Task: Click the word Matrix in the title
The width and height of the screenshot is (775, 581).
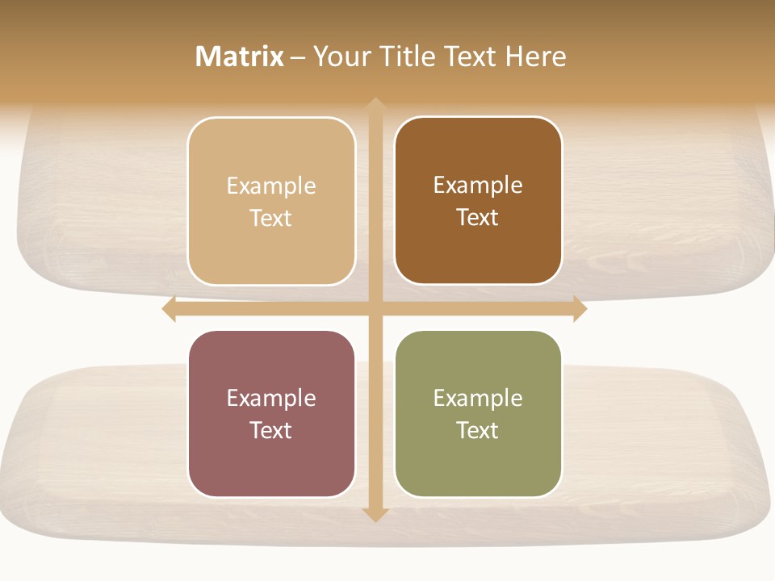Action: (x=239, y=56)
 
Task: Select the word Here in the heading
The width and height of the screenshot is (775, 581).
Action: (x=535, y=56)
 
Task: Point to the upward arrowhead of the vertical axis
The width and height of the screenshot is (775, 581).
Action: (x=375, y=105)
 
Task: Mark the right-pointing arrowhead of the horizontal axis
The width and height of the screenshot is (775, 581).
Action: (x=580, y=308)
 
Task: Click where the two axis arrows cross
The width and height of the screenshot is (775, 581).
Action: (x=375, y=308)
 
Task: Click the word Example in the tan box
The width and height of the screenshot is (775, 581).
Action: (x=271, y=186)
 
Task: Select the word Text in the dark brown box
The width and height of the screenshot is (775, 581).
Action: (x=478, y=217)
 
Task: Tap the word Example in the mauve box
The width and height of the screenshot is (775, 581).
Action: (x=271, y=398)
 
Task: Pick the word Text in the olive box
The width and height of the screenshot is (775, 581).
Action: (x=478, y=430)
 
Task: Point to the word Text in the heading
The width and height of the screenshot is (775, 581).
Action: (x=468, y=56)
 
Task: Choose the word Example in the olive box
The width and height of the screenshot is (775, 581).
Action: (x=478, y=398)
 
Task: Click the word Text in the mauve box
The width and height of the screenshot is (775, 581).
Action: (x=271, y=430)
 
